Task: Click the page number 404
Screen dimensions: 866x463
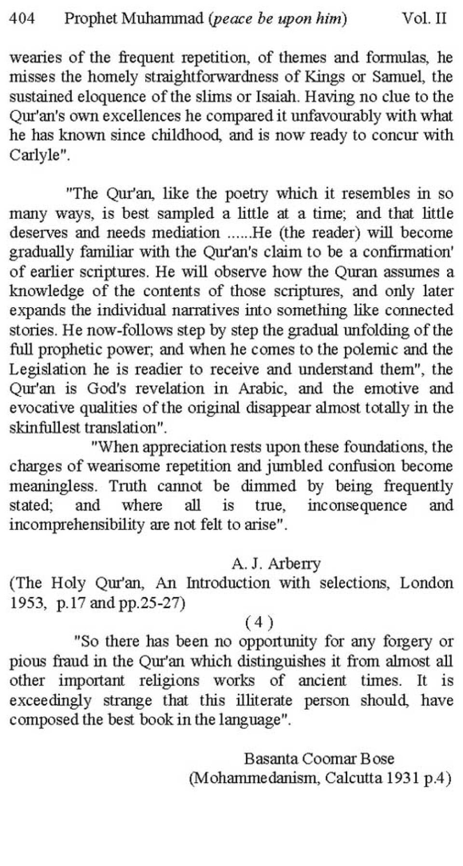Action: pyautogui.click(x=22, y=19)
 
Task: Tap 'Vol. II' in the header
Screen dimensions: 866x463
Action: pyautogui.click(x=424, y=19)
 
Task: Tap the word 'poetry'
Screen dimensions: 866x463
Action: pyautogui.click(x=246, y=194)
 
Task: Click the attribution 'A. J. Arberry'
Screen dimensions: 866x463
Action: pyautogui.click(x=276, y=563)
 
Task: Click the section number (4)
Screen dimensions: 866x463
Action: pyautogui.click(x=259, y=622)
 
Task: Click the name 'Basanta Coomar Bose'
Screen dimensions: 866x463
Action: pyautogui.click(x=319, y=758)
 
